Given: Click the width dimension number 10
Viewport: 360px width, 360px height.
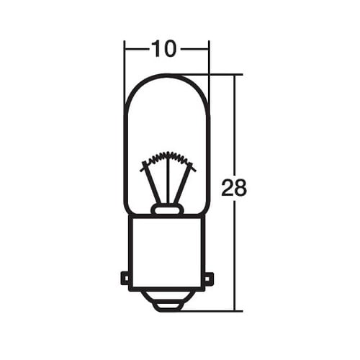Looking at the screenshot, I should (x=165, y=49).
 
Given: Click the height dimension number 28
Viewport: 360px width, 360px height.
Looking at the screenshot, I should (x=234, y=189).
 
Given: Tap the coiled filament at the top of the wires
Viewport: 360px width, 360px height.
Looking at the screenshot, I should (x=168, y=156).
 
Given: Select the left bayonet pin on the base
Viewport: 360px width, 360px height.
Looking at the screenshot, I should (x=125, y=277).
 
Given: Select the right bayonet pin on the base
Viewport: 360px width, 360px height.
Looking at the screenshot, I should (x=210, y=277).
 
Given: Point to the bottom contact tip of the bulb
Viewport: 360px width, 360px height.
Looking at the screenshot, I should (x=167, y=305).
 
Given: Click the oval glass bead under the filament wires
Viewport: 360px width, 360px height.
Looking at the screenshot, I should (x=167, y=210).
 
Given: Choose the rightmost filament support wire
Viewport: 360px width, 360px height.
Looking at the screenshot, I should (x=186, y=183).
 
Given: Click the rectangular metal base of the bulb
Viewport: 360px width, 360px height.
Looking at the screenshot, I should (x=167, y=248).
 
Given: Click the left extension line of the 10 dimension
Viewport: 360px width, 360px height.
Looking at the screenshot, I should (x=125, y=61).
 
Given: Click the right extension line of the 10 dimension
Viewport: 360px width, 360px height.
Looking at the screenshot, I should (x=209, y=61).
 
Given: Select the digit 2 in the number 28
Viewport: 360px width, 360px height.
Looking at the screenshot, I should (x=228, y=189).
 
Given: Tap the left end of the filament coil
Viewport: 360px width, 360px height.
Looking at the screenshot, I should (x=143, y=166).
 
